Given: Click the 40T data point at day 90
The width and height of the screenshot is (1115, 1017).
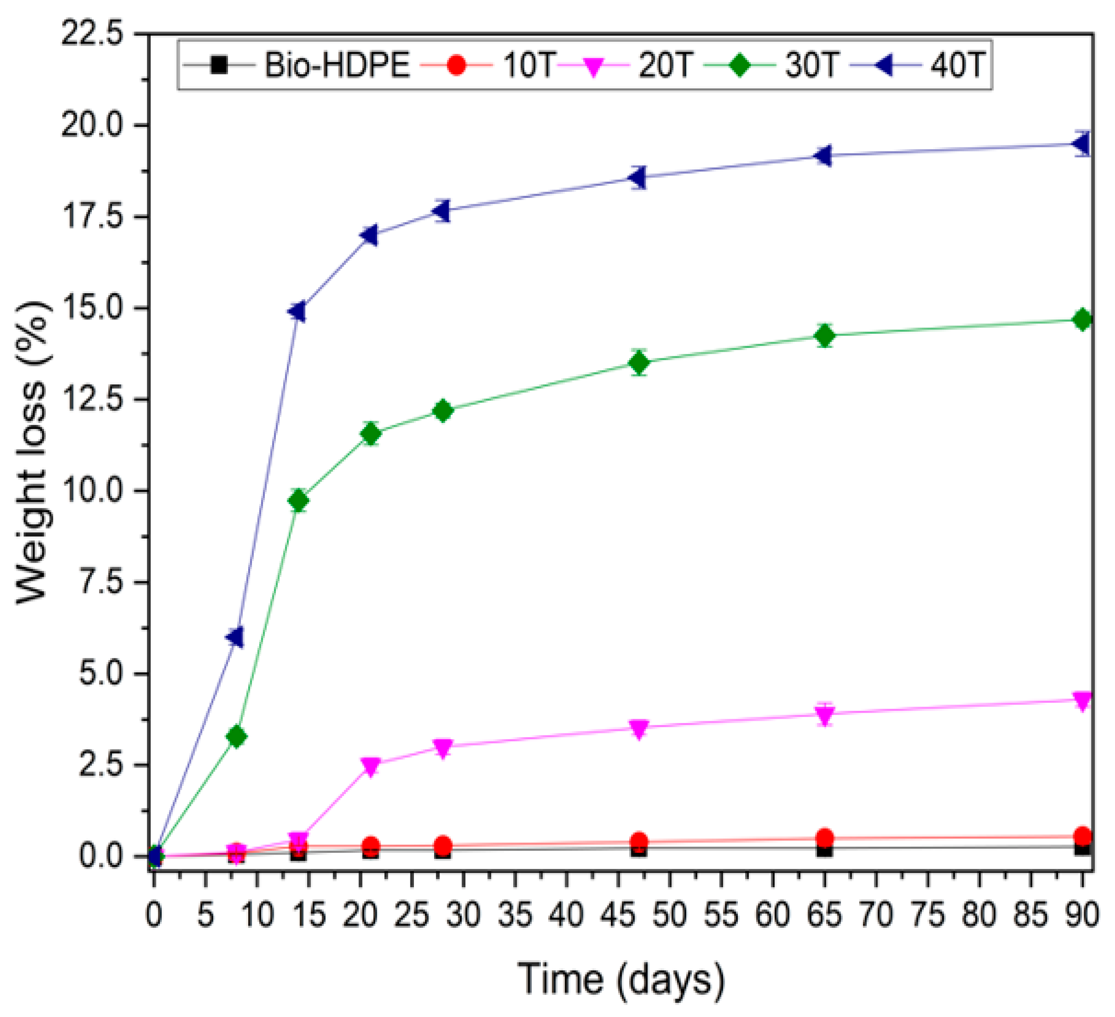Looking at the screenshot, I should pos(1081,144).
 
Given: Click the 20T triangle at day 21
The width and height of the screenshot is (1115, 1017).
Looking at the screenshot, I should pos(371,766).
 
